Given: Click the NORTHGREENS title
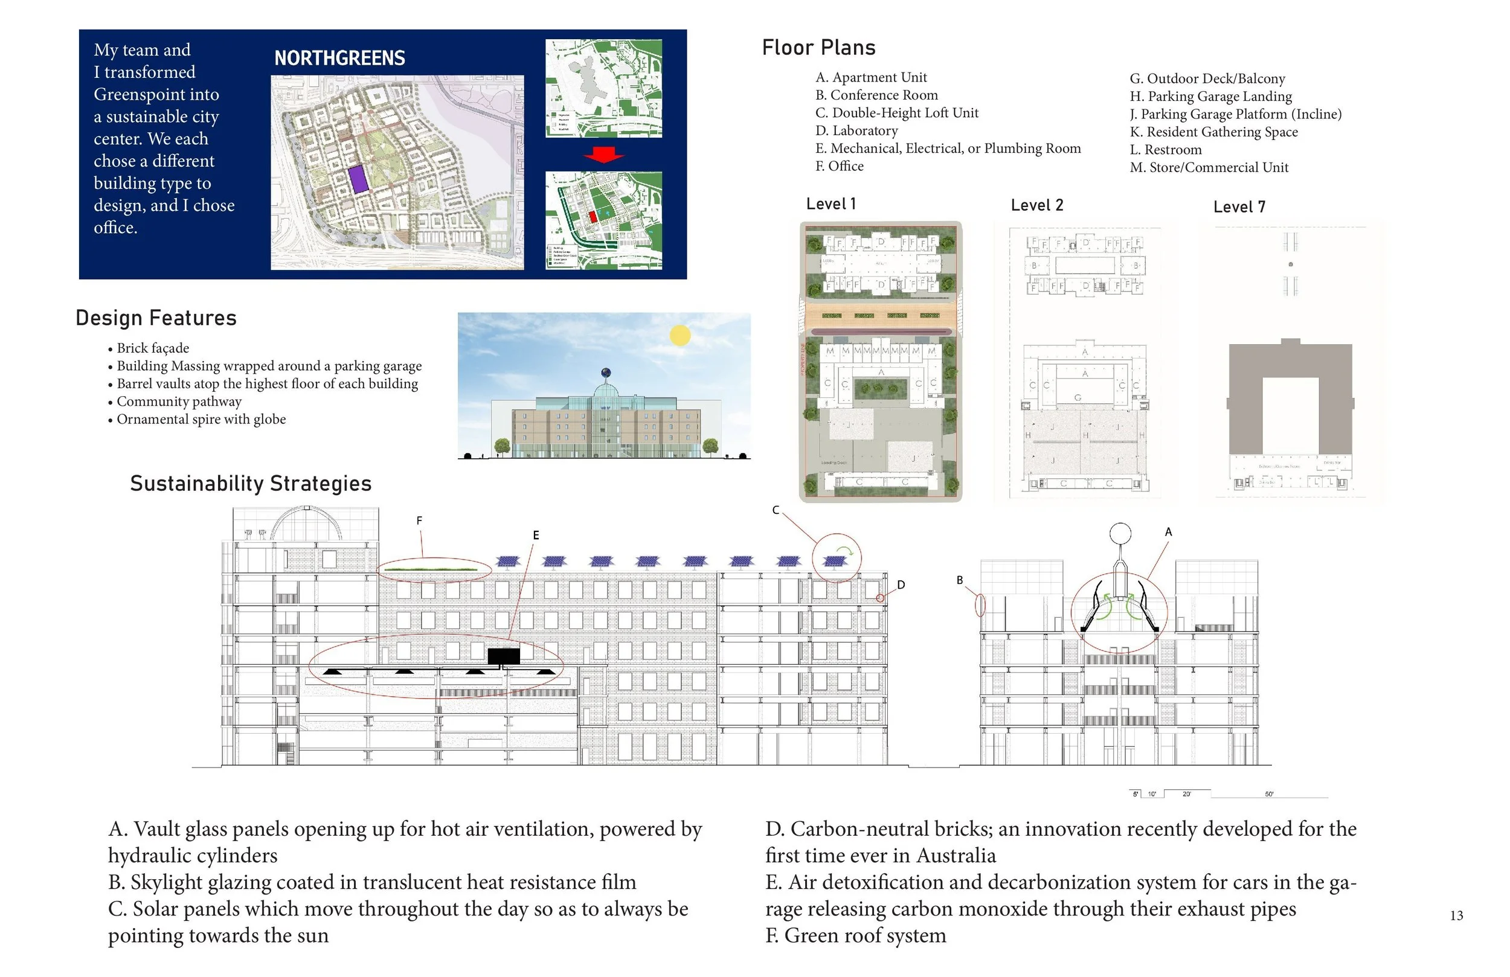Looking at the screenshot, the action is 339,59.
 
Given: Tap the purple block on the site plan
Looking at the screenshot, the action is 358,179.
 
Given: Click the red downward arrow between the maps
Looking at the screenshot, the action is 603,155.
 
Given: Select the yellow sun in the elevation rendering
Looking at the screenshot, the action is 680,335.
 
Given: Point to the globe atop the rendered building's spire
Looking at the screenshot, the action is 606,373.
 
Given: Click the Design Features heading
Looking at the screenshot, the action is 156,318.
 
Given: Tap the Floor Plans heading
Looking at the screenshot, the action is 818,48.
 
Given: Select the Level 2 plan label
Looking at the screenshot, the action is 1036,205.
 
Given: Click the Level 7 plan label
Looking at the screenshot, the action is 1239,207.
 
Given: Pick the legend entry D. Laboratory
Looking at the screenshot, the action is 856,130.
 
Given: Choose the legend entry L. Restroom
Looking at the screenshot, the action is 1166,150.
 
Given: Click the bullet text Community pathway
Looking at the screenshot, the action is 179,402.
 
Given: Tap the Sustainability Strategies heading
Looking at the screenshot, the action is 251,484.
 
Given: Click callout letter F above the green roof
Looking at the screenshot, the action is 419,521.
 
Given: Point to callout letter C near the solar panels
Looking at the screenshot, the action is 776,510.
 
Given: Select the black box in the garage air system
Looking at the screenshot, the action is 504,656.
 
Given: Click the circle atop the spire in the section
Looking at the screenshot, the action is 1120,534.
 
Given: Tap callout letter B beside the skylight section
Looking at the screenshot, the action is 960,580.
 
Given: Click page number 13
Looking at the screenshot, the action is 1456,915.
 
